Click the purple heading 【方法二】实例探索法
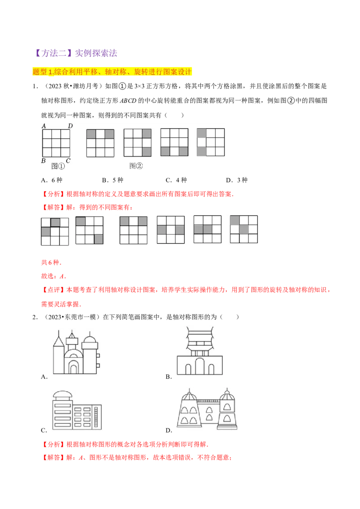[x=75, y=53]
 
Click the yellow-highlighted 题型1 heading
[x=112, y=71]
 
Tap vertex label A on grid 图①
[x=44, y=125]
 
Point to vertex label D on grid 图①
[x=70, y=125]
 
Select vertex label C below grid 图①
[x=68, y=161]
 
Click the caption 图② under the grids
[x=136, y=166]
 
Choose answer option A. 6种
[x=52, y=180]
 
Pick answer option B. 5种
[x=112, y=180]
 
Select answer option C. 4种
[x=176, y=180]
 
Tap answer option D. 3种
[x=237, y=180]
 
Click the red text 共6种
[x=51, y=262]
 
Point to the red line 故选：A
[x=54, y=276]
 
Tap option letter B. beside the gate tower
[x=169, y=377]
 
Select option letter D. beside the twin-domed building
[x=169, y=430]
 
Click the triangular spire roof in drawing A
[x=59, y=341]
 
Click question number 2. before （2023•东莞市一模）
[x=35, y=317]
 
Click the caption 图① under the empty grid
[x=58, y=166]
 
